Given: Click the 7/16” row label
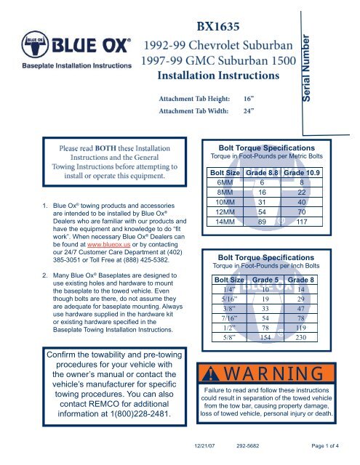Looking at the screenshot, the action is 223,325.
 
